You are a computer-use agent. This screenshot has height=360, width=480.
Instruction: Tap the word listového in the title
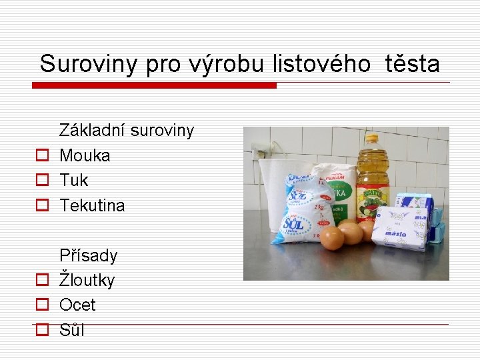(x=321, y=64)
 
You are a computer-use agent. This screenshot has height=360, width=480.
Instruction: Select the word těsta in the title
(x=411, y=64)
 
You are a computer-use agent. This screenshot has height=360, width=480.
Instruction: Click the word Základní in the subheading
(x=92, y=130)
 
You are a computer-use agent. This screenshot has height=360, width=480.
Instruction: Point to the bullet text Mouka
(x=85, y=155)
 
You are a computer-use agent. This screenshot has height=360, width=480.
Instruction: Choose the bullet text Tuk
(x=73, y=180)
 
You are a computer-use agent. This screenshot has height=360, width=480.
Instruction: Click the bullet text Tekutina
(x=92, y=205)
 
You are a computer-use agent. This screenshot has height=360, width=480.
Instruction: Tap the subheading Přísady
(x=88, y=255)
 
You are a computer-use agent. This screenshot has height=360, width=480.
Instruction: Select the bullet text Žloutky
(x=87, y=280)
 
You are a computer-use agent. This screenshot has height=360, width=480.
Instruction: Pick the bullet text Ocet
(x=77, y=305)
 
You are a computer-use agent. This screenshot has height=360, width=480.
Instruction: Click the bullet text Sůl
(x=72, y=330)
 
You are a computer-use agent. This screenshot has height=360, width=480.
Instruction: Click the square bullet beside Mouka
(x=41, y=156)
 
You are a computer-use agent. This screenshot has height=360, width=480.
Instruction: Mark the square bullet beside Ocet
(x=41, y=305)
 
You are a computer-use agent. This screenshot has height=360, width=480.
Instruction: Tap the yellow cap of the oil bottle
(x=372, y=139)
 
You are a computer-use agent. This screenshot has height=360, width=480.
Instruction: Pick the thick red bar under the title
(x=154, y=85)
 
